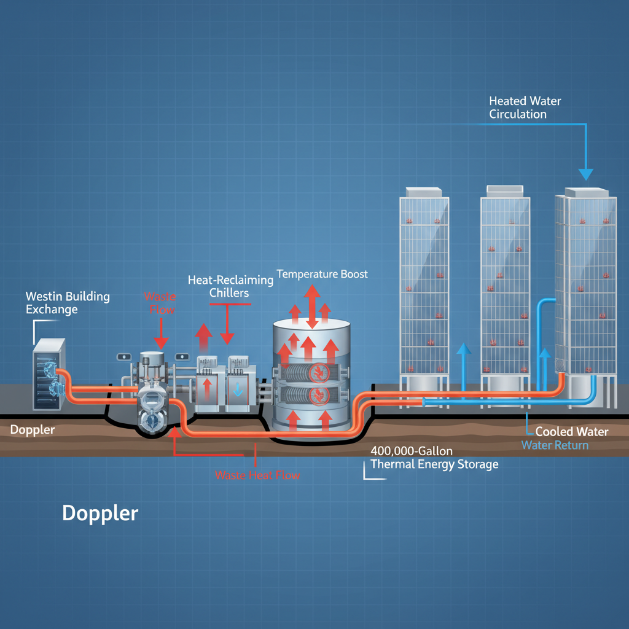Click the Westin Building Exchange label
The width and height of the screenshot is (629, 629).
[x=68, y=303]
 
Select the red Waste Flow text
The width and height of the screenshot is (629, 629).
[x=160, y=303]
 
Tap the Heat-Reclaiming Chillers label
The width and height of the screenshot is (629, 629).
[x=230, y=286]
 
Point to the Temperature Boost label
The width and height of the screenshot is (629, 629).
[x=322, y=273]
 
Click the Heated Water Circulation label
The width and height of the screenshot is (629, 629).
[x=525, y=107]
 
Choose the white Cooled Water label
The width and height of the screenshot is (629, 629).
[x=571, y=432]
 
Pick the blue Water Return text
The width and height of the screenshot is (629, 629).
[x=555, y=445]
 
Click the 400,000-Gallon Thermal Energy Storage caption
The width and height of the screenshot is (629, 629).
[x=434, y=458]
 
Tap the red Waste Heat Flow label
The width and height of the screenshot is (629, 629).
[x=257, y=475]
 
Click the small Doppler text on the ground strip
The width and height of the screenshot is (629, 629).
[x=32, y=430]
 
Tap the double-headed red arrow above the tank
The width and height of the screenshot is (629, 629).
[x=312, y=305]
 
